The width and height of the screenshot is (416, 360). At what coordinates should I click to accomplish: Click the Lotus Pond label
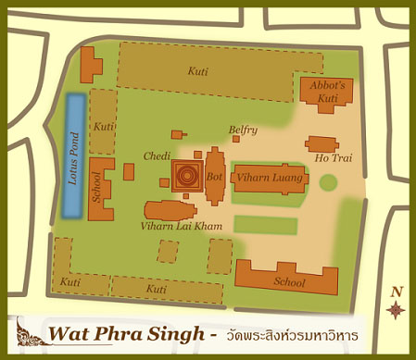pyautogui.click(x=73, y=156)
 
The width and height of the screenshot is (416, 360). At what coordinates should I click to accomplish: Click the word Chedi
pyautogui.click(x=157, y=155)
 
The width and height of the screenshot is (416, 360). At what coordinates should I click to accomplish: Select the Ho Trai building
pyautogui.click(x=322, y=144)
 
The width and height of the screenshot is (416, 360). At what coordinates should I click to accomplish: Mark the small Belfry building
pyautogui.click(x=237, y=140)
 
